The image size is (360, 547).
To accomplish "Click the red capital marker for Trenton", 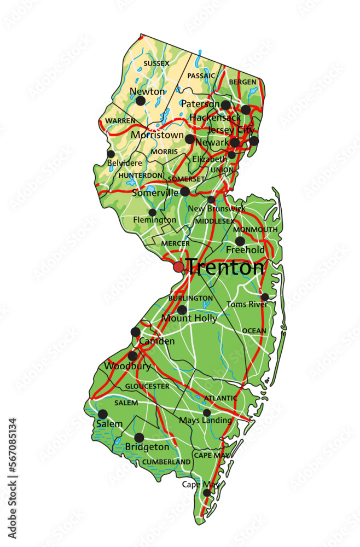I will pyautogui.click(x=179, y=267).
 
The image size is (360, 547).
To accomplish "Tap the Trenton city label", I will pyautogui.click(x=225, y=267).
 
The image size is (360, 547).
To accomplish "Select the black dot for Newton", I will pyautogui.click(x=141, y=101).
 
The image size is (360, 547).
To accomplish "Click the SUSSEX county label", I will pyautogui.click(x=156, y=63).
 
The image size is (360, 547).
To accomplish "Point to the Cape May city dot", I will pyautogui.click(x=207, y=493).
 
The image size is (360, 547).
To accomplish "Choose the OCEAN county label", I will pyautogui.click(x=254, y=331).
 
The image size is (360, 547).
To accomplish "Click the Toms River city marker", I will pyautogui.click(x=265, y=297).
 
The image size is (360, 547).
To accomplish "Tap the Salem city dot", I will pyautogui.click(x=103, y=414).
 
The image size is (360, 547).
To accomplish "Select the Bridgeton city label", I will pyautogui.click(x=147, y=447).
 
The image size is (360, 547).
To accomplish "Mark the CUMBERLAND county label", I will pyautogui.click(x=166, y=462).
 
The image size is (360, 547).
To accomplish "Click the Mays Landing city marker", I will pyautogui.click(x=207, y=413).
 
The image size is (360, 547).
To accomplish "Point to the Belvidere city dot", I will pyautogui.click(x=111, y=154).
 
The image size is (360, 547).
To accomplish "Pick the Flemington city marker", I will pyautogui.click(x=153, y=212).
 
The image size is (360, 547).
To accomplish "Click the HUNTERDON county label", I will pyautogui.click(x=141, y=175).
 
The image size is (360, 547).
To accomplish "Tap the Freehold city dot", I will pyautogui.click(x=240, y=241).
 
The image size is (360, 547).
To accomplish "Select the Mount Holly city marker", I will pyautogui.click(x=182, y=310).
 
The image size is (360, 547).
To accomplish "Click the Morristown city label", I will pyautogui.click(x=157, y=135).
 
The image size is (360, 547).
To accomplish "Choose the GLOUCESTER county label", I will pyautogui.click(x=147, y=386).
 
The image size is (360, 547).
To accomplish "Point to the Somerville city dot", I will pyautogui.click(x=185, y=191).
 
